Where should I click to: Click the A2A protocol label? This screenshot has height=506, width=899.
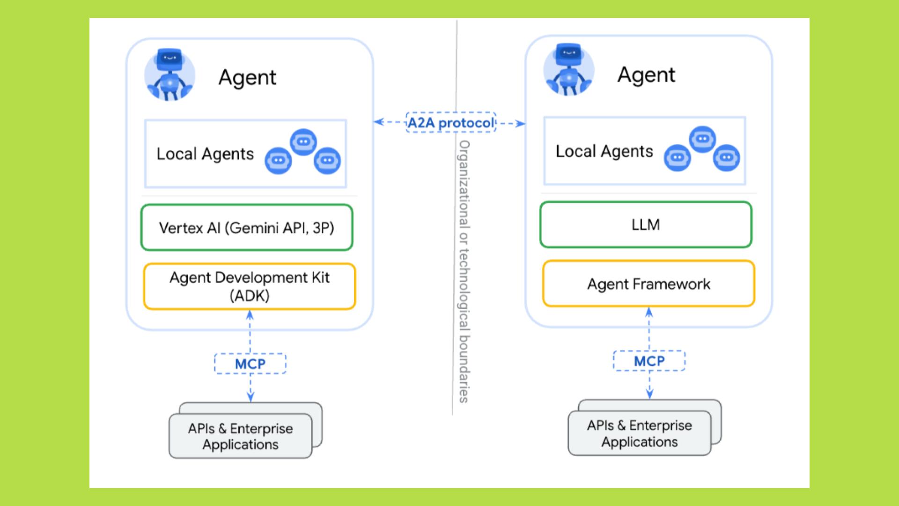click(451, 123)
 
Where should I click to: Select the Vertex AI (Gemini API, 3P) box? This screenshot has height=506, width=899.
click(247, 228)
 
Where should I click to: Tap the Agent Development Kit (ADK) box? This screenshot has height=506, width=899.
click(250, 286)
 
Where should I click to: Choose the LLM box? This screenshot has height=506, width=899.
click(646, 225)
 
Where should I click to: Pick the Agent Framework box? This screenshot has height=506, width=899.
click(648, 284)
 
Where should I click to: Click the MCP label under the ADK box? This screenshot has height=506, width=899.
click(250, 364)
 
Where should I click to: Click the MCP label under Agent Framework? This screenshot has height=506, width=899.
click(649, 361)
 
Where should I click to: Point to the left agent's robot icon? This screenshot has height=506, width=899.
click(169, 74)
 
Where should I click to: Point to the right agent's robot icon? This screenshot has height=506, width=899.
click(568, 70)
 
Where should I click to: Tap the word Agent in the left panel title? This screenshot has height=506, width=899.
click(247, 78)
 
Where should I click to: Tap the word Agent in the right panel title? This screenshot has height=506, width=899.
click(646, 75)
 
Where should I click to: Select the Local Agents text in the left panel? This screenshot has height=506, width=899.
click(205, 154)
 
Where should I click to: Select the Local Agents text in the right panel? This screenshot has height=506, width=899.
click(604, 151)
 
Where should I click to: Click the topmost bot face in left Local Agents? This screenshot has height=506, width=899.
click(303, 141)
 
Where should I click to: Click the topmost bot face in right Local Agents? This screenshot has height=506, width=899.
click(702, 139)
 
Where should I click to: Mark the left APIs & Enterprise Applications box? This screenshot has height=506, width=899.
click(241, 436)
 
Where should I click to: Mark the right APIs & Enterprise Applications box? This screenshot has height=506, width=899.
click(640, 433)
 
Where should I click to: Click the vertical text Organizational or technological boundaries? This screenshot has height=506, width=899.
click(464, 272)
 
